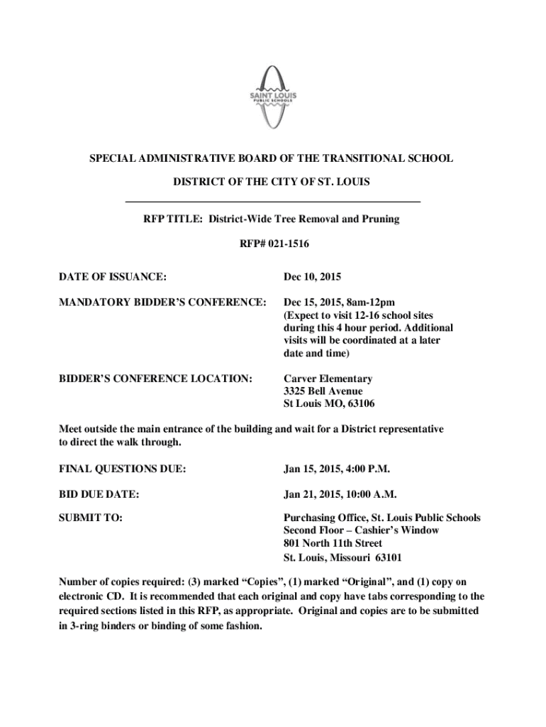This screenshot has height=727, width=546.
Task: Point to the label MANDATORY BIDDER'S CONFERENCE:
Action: point(162,302)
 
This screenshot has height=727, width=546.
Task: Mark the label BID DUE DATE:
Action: point(98,493)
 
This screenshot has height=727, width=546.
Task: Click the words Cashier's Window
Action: point(398,530)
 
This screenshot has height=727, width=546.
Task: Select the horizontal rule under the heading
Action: point(273,202)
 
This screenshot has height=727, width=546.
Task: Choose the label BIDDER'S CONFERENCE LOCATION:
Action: point(155,379)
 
